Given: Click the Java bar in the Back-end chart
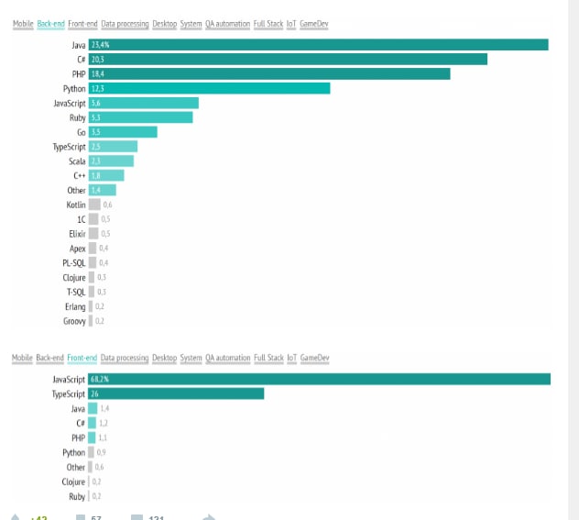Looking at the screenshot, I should [318, 45].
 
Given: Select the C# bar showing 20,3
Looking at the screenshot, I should [288, 60].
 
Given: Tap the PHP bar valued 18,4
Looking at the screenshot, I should [269, 74].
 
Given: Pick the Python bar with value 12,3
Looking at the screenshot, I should [209, 89].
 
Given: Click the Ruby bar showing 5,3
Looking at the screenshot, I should [140, 117].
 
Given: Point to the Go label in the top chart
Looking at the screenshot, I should [81, 132].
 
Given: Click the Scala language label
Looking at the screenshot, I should [77, 161].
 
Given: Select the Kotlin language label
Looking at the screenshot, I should [76, 205].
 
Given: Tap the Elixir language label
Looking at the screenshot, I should [77, 234].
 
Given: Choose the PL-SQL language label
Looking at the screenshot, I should [74, 263].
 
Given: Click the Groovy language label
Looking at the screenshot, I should [74, 321].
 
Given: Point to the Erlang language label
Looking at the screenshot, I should [75, 306].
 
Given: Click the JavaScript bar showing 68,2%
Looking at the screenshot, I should [319, 379].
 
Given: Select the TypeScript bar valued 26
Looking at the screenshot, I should [176, 393].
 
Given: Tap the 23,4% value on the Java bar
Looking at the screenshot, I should [101, 45].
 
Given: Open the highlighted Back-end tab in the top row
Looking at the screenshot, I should [50, 24].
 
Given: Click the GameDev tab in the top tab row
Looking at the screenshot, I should [314, 24].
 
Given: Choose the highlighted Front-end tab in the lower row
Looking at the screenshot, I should [82, 358].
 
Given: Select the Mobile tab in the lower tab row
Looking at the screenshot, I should [22, 358].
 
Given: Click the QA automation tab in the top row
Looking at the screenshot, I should [228, 24].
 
